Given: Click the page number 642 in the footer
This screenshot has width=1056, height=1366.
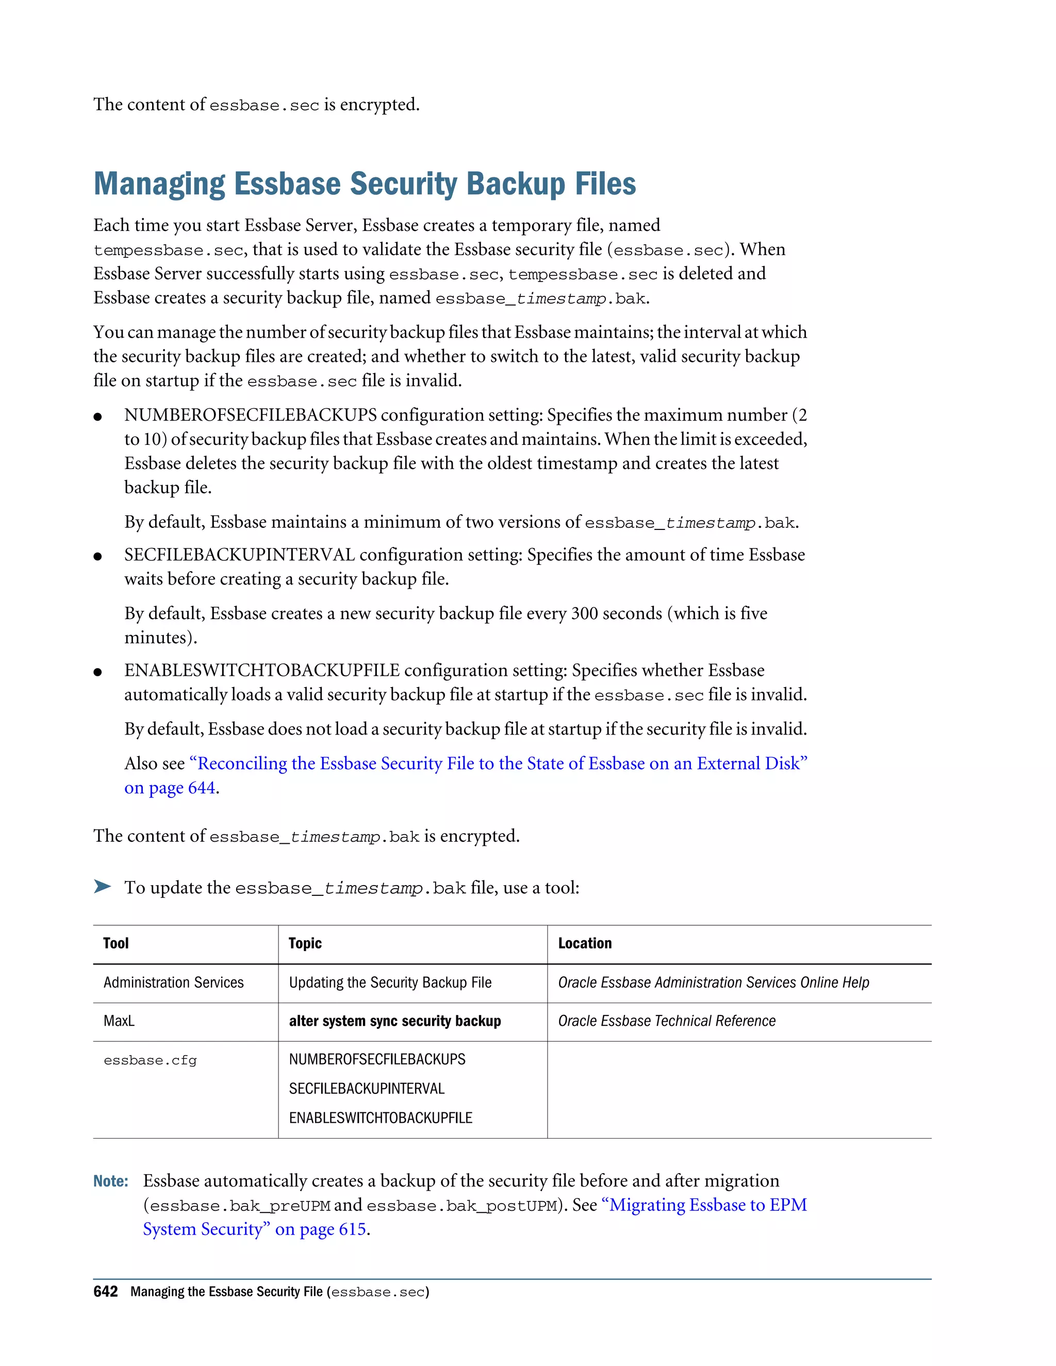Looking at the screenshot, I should click(105, 1292).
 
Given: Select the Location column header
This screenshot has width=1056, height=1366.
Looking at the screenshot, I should click(584, 943).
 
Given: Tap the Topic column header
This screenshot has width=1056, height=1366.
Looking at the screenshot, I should click(305, 943).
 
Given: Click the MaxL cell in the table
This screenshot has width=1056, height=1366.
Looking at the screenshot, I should click(119, 1021).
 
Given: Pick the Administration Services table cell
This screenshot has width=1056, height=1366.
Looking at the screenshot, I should click(173, 982).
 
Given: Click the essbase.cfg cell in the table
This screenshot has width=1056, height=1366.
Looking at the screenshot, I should click(150, 1060).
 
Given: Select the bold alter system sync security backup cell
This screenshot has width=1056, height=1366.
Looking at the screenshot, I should click(395, 1021).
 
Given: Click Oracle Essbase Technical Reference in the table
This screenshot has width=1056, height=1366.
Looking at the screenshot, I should click(666, 1021).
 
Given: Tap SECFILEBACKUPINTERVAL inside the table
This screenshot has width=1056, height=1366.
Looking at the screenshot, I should click(367, 1088).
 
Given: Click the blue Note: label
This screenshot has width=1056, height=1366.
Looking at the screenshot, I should click(111, 1181).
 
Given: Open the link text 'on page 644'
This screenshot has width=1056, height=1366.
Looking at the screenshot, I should click(170, 788).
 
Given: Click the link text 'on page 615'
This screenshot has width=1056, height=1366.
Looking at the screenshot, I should click(320, 1229).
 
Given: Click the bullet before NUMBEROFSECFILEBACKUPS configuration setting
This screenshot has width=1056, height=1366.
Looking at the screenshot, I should click(97, 417).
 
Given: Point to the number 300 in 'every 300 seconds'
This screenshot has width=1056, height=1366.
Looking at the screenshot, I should click(584, 613).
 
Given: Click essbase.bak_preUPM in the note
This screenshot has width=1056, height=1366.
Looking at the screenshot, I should click(240, 1206).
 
